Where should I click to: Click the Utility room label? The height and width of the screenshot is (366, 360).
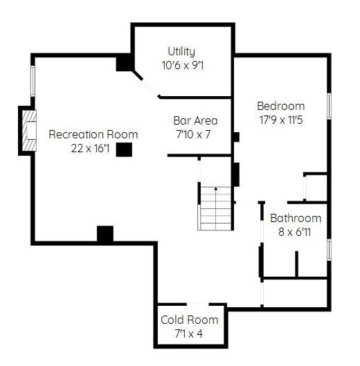(x=181, y=52)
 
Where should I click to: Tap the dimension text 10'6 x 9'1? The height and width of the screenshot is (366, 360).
(x=183, y=65)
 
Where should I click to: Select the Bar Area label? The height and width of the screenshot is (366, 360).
(x=195, y=120)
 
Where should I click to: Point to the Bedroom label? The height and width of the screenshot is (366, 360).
(x=281, y=107)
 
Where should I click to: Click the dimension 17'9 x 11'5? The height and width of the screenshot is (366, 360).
(x=281, y=120)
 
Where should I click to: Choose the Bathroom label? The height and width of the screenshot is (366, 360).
(x=296, y=218)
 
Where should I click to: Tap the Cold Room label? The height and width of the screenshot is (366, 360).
(x=189, y=320)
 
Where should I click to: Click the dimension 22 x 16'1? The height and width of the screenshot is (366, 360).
(x=90, y=148)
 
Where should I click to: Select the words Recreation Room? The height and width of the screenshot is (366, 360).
(x=93, y=134)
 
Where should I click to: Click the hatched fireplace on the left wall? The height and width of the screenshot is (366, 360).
(x=29, y=131)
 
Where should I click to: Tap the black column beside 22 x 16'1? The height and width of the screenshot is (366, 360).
(x=124, y=149)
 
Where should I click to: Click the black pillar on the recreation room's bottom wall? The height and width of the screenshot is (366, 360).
(x=105, y=234)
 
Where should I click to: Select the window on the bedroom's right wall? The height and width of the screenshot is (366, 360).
(x=329, y=107)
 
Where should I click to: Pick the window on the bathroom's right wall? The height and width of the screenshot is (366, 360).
(x=329, y=250)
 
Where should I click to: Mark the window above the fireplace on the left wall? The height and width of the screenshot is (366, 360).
(x=33, y=81)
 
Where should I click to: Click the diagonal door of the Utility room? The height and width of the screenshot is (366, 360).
(x=150, y=88)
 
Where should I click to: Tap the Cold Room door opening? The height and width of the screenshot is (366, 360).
(x=197, y=304)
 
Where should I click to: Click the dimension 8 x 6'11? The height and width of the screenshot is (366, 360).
(x=295, y=232)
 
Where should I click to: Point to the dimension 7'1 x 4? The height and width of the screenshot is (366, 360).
(x=189, y=333)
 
